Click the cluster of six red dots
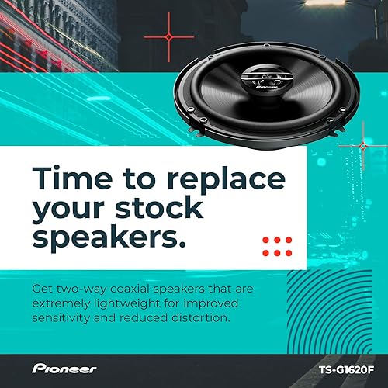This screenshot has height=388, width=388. point(276,246)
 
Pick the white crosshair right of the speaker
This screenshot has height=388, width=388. point(360,145)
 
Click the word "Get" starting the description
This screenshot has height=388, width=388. point(42,288)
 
